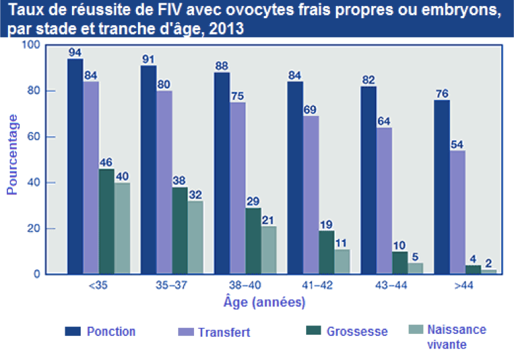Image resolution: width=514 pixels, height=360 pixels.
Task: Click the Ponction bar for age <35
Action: coord(75,167)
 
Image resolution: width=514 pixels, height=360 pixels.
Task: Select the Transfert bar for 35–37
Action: coord(164,182)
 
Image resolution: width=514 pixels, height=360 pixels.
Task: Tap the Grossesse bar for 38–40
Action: coord(253,241)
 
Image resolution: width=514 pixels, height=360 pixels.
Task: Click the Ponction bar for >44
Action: coord(441,187)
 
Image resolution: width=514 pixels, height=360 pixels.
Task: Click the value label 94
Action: coord(75,53)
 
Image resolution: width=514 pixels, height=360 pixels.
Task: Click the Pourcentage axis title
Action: coord(12,154)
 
